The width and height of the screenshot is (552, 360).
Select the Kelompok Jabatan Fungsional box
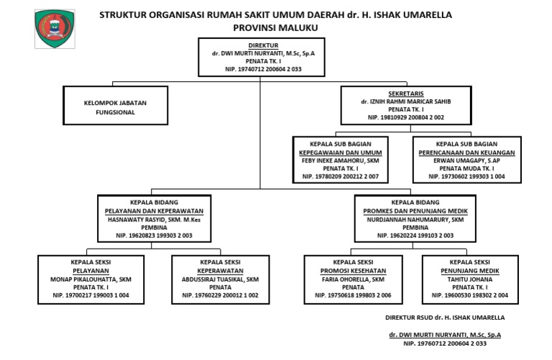coord(115,107)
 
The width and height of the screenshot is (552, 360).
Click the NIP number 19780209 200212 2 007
coord(340,175)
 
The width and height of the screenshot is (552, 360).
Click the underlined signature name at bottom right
coord(445,334)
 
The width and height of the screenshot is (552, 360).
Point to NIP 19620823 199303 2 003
coord(150,234)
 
